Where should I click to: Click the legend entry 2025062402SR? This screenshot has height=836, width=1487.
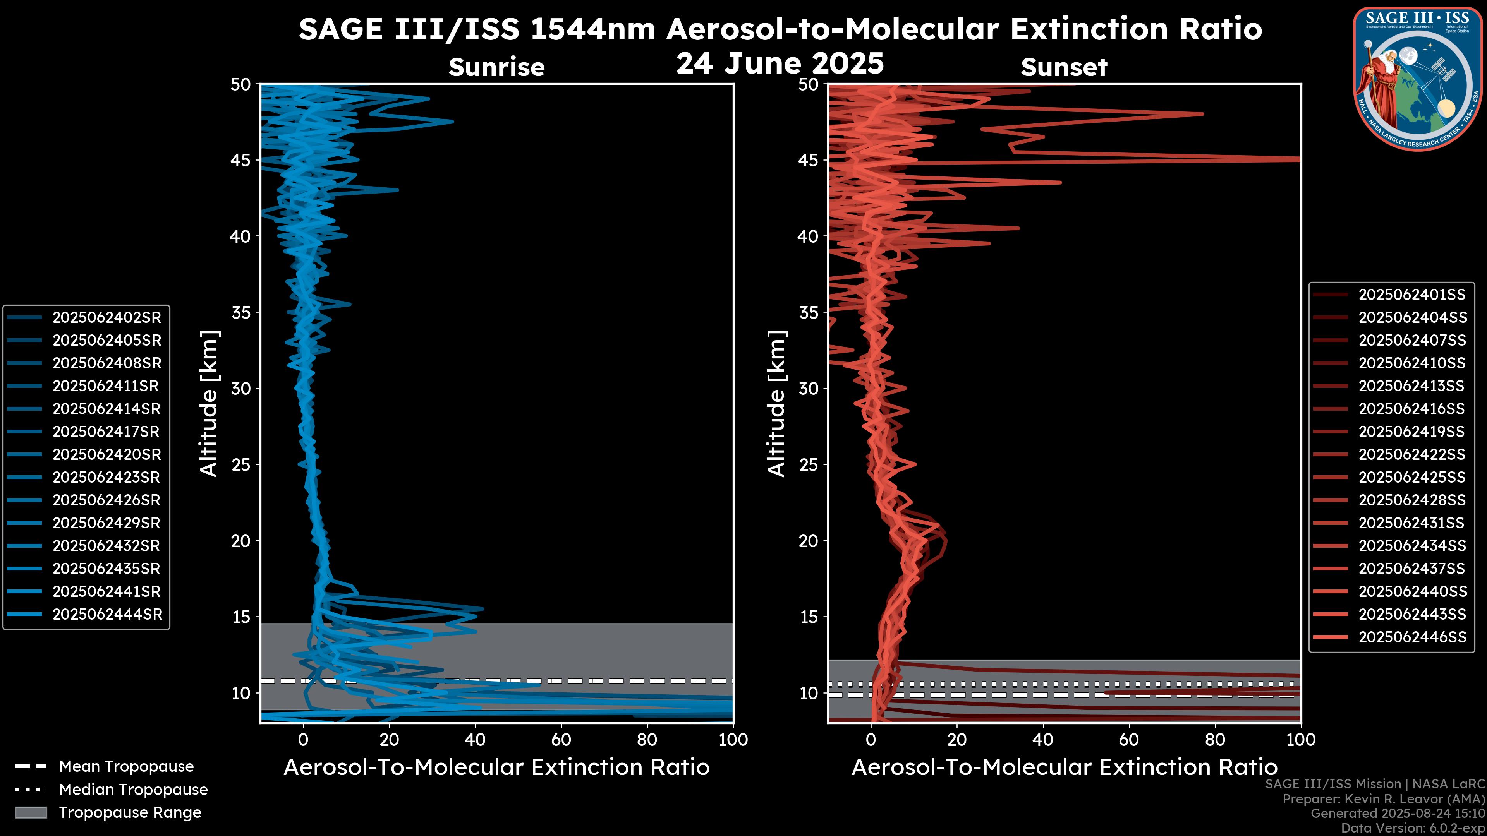[107, 317]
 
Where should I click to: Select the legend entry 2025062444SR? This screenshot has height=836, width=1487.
[107, 615]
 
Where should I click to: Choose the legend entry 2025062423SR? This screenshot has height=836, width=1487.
[107, 477]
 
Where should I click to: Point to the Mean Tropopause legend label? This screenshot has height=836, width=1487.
[126, 766]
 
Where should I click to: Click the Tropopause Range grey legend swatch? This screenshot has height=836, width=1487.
[31, 812]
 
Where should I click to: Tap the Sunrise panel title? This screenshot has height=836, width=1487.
[496, 67]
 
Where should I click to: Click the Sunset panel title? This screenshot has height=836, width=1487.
[1064, 67]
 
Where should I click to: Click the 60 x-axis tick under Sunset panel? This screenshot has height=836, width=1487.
[1128, 740]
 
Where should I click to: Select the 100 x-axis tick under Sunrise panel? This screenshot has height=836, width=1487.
[733, 740]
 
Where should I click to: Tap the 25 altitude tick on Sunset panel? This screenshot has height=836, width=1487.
[808, 465]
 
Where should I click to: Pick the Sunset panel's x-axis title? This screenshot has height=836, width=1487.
[1064, 767]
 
